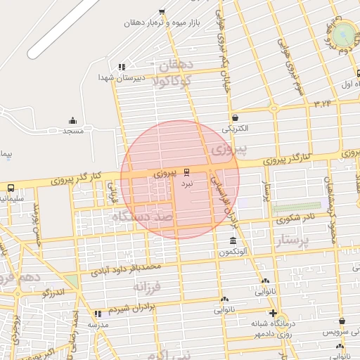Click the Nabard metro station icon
(186, 172)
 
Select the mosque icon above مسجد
(73, 120)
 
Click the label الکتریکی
(235, 129)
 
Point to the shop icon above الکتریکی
(234, 118)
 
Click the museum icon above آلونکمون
(233, 241)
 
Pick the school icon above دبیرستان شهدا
(122, 67)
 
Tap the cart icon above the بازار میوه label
(162, 11)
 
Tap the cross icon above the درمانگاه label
(273, 313)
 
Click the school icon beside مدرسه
(97, 314)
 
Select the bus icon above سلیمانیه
(11, 188)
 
